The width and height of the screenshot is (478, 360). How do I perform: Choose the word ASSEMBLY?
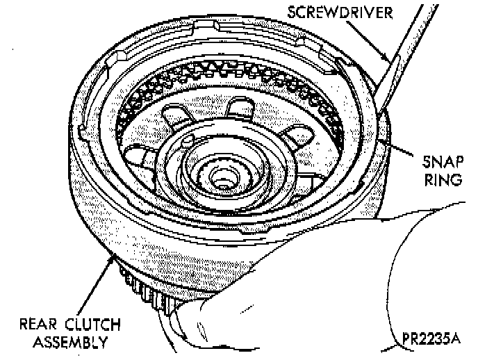point(63,341)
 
